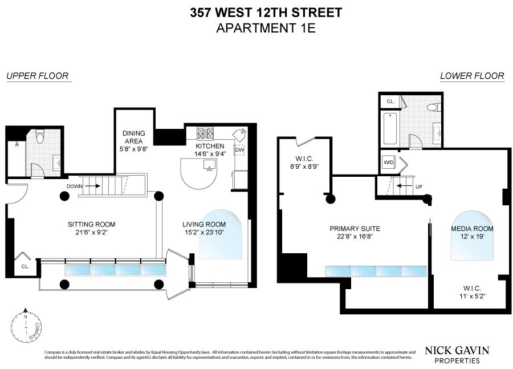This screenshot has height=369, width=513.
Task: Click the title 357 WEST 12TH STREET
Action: (x=256, y=12)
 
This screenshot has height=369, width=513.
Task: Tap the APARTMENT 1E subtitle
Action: (x=256, y=27)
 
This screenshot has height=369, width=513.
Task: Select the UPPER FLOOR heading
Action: (x=38, y=76)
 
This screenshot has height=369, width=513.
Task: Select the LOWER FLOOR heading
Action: (x=472, y=76)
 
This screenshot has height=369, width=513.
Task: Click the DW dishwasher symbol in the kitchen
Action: (x=240, y=150)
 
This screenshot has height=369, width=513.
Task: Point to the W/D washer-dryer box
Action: (x=389, y=162)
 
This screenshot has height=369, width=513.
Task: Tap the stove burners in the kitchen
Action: (x=205, y=133)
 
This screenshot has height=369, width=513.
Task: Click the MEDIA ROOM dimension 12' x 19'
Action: (x=472, y=236)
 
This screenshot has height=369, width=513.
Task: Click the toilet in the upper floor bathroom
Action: (x=40, y=137)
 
